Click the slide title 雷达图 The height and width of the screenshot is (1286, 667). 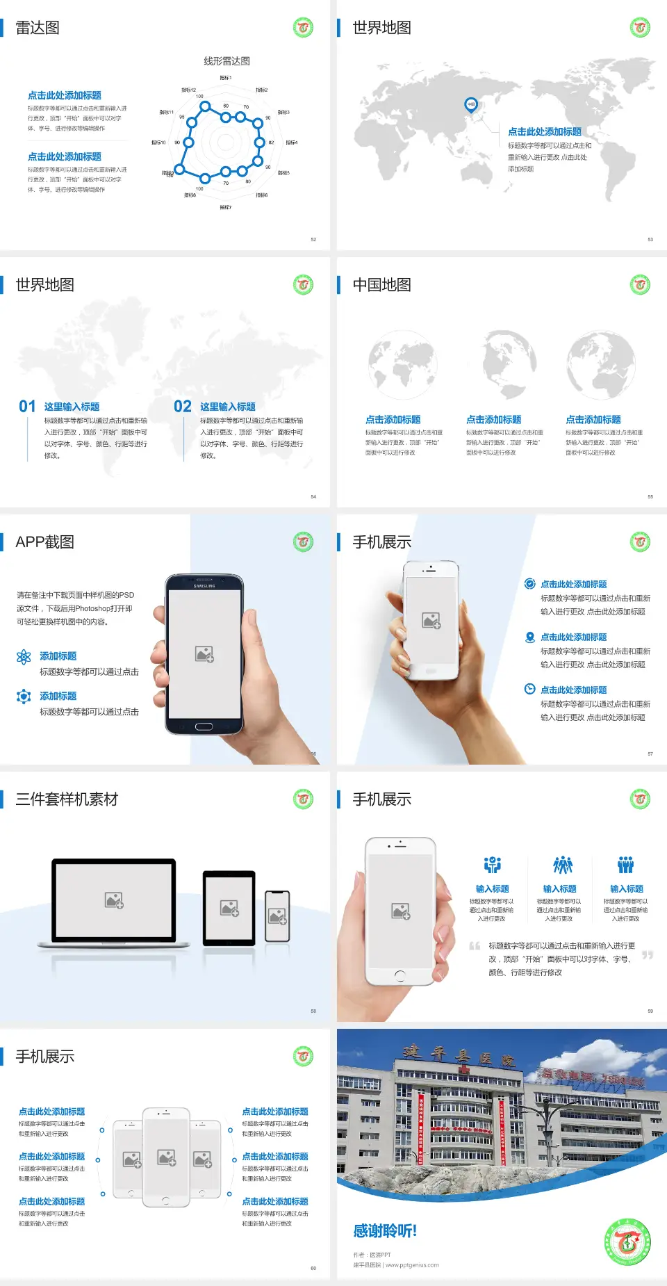point(38,28)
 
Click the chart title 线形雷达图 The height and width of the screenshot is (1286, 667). point(227,61)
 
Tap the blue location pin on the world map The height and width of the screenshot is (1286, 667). point(471,105)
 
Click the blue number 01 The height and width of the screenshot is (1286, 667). point(27,407)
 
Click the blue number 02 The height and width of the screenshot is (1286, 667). point(183,407)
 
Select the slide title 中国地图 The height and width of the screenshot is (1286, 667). point(381,285)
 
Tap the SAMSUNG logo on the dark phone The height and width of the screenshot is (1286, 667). point(204,586)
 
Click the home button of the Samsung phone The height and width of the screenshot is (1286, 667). point(204,726)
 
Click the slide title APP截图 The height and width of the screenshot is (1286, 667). point(44,542)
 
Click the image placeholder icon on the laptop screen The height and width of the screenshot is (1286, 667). point(114,900)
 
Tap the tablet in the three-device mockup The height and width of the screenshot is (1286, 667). point(229,907)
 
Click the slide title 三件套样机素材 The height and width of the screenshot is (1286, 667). point(67,799)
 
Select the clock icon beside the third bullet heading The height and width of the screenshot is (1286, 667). point(529,689)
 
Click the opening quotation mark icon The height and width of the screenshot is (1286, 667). point(475,946)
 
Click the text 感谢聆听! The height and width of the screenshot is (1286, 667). point(385,1231)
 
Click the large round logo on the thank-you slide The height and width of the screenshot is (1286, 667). point(627,1242)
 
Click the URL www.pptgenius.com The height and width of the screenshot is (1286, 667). point(412,1265)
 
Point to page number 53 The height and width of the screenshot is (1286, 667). point(650,239)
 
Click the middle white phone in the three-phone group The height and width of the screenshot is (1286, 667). point(166,1157)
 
